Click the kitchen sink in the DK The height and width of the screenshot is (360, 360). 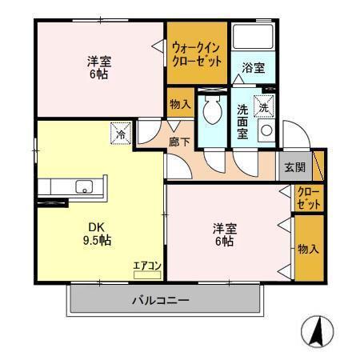83,187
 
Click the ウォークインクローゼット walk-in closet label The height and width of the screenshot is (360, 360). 196,54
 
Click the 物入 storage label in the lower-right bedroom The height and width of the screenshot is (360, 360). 309,249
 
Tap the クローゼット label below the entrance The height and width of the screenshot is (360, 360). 309,198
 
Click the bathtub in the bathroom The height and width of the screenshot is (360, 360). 254,38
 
